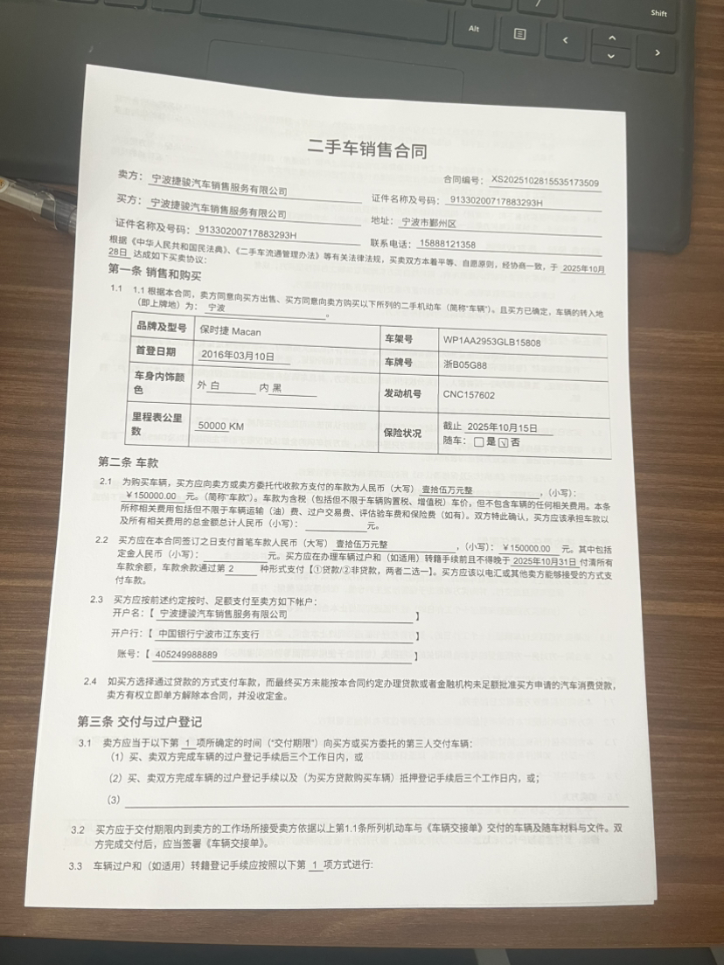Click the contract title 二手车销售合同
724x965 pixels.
pos(367,150)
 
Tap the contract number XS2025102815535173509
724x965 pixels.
pos(545,183)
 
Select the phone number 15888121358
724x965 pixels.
pos(448,245)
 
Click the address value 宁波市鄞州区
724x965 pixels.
pos(422,223)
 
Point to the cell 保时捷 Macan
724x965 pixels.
pos(230,332)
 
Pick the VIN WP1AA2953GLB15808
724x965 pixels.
pos(491,342)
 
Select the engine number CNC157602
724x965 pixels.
pos(469,395)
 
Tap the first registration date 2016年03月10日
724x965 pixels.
pos(237,356)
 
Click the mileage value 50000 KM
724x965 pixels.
pos(220,426)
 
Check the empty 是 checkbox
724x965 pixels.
pos(478,442)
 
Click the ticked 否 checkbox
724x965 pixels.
pos(503,442)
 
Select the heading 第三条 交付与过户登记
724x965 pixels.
pos(140,721)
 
